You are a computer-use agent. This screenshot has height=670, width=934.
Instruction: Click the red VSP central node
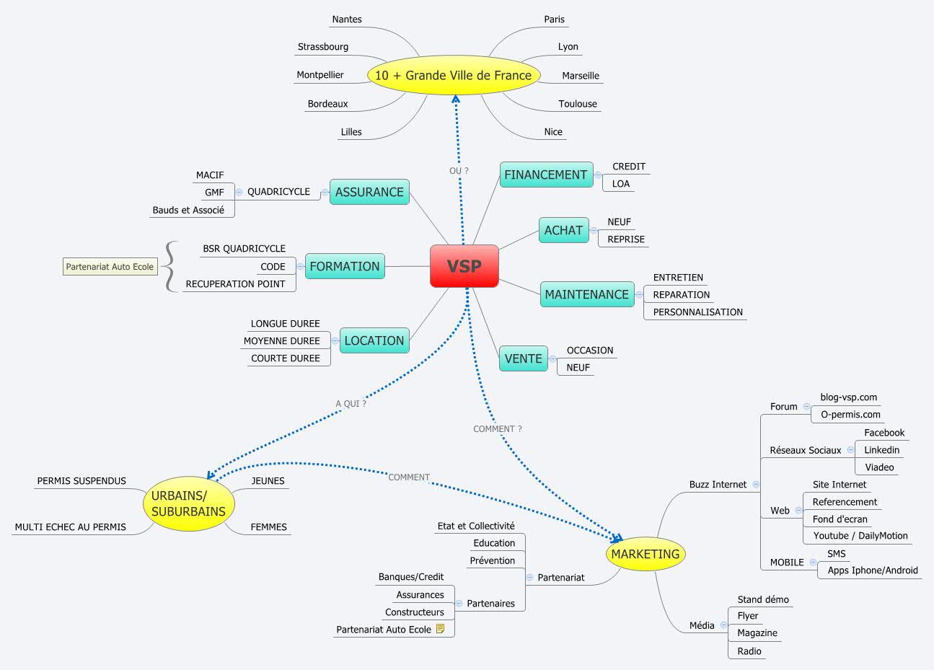point(464,266)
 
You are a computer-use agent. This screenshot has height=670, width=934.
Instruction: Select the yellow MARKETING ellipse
point(645,554)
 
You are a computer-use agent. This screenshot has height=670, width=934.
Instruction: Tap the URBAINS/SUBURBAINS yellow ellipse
point(189,503)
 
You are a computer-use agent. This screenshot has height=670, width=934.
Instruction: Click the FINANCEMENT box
point(545,175)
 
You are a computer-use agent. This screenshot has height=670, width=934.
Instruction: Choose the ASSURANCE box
point(369,192)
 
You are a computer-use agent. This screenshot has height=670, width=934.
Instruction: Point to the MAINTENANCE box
point(586,294)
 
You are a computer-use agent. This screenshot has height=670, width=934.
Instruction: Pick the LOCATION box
point(374,340)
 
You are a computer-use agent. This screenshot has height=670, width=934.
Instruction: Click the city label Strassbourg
point(323,47)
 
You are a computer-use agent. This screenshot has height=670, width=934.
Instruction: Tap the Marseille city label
point(581,76)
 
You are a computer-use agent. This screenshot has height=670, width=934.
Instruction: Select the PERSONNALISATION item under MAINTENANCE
point(697,312)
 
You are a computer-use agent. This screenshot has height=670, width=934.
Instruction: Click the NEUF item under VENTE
point(578,368)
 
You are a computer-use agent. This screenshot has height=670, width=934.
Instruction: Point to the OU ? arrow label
point(459,171)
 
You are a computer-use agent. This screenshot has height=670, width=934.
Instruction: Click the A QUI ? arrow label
point(351,404)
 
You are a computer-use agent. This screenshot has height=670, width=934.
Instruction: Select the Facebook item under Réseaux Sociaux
point(884,433)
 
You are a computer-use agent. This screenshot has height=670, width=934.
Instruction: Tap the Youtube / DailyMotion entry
point(860,536)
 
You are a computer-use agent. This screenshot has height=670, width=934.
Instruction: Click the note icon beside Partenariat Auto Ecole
point(441,629)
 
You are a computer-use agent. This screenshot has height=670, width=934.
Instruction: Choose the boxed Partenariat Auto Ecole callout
point(110,267)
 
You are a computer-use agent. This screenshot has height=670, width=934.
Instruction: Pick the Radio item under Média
point(749,651)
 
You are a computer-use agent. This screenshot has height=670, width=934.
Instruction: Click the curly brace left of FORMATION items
point(169,266)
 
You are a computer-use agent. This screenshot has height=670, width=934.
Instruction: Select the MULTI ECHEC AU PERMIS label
point(70,527)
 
